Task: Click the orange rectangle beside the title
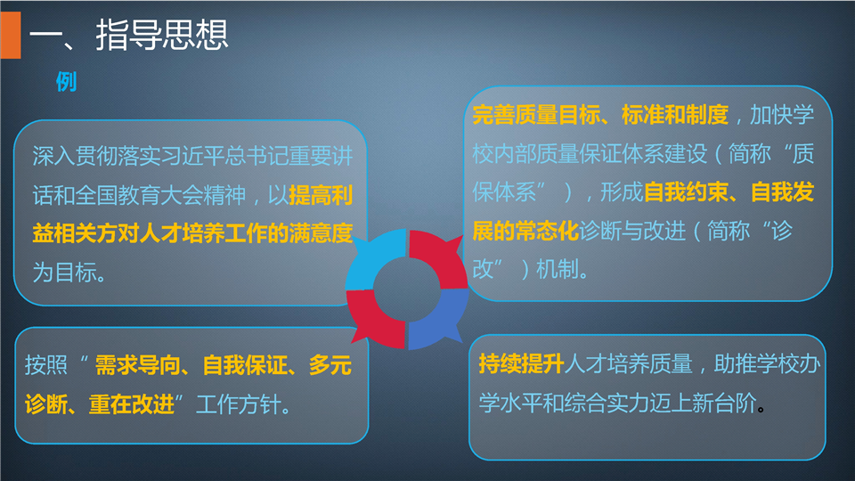tap(11, 35)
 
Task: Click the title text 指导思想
tap(162, 35)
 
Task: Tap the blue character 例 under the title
tap(66, 82)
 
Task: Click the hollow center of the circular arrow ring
tap(407, 289)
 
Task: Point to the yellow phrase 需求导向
tap(137, 365)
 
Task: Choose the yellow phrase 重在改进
tap(132, 404)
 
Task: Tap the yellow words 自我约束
tap(687, 192)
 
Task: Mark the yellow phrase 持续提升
tap(521, 363)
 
